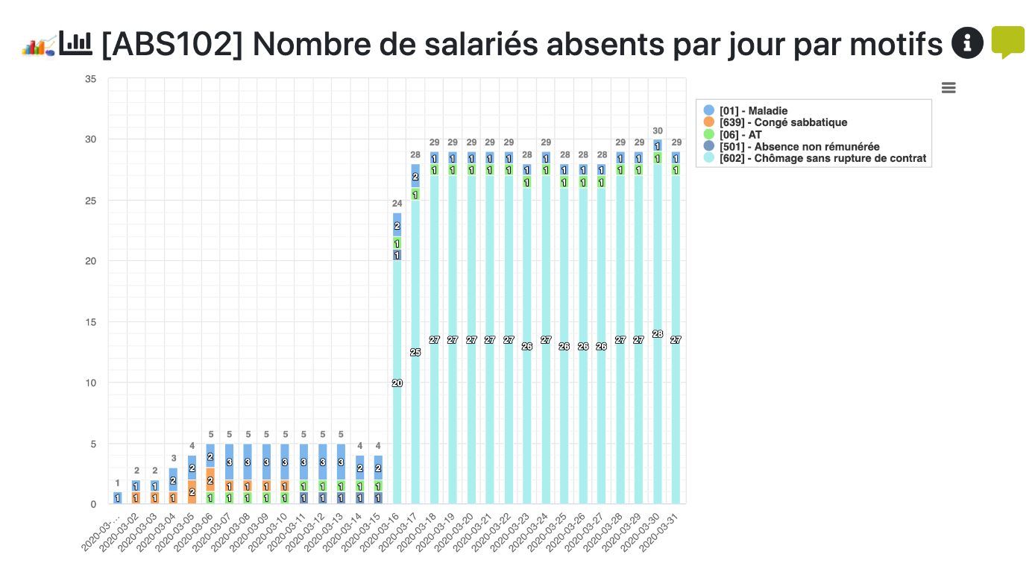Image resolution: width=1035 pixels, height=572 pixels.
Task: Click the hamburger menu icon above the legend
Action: tap(949, 88)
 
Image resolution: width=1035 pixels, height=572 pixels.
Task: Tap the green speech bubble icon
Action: tap(1007, 42)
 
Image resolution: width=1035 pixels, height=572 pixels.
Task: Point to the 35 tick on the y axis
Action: tap(91, 78)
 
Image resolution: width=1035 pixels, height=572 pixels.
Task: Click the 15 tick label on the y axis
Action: tap(91, 322)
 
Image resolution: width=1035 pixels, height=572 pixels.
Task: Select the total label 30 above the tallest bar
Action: tap(658, 131)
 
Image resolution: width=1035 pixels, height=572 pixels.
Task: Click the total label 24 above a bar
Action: tap(397, 203)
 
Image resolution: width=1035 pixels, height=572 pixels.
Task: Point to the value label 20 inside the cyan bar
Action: tap(397, 383)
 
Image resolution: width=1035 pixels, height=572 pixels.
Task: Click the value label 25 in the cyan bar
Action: tap(415, 352)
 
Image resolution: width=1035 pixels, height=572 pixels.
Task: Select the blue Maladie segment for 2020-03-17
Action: tap(415, 176)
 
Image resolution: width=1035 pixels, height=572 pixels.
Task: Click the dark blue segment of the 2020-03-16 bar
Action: tap(397, 255)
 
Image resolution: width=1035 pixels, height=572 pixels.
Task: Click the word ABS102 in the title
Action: tap(172, 45)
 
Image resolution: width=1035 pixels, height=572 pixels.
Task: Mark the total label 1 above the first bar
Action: tap(117, 483)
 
